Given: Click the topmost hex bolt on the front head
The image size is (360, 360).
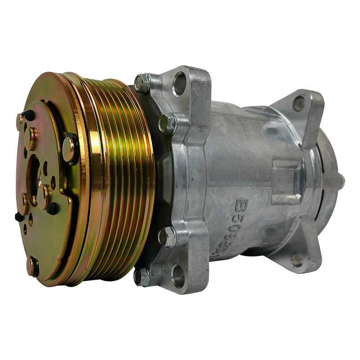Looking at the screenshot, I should click(x=143, y=83).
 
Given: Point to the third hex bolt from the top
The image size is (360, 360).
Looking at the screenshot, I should click(x=167, y=236).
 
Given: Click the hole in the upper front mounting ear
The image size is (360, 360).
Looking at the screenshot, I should click(x=180, y=84).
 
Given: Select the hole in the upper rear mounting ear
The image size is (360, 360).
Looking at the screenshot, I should click(x=299, y=104).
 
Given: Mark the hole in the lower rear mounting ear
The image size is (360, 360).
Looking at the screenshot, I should click(x=297, y=259).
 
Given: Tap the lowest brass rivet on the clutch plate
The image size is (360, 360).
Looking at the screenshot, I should click(x=32, y=266).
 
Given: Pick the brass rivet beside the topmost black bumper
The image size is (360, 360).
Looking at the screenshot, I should click(x=21, y=121).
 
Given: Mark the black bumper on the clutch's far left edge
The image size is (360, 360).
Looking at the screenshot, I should click(x=19, y=217).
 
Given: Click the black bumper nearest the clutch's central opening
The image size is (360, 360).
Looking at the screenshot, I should click(x=52, y=207).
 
